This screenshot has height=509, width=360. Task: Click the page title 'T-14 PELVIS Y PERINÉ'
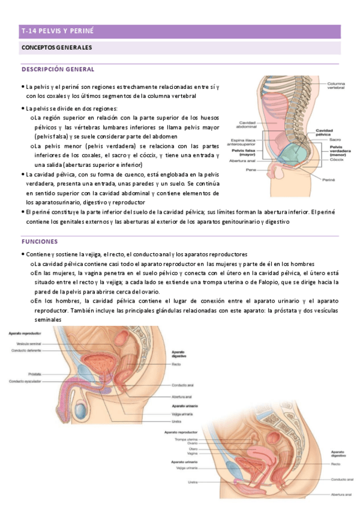pyautogui.click(x=58, y=31)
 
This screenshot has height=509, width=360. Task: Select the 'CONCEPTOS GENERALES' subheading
pyautogui.click(x=58, y=47)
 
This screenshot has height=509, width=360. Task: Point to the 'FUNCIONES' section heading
pyautogui.click(x=40, y=241)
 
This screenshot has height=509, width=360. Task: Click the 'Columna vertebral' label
pyautogui.click(x=335, y=85)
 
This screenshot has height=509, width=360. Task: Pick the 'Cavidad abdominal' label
pyautogui.click(x=247, y=125)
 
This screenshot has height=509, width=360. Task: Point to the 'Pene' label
pyautogui.click(x=251, y=170)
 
